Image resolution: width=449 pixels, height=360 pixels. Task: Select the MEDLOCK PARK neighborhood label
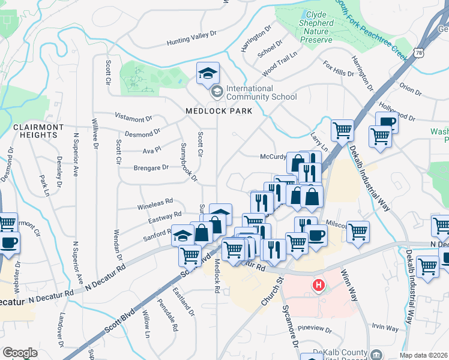point(218,111)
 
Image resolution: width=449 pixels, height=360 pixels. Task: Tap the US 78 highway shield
point(418,53)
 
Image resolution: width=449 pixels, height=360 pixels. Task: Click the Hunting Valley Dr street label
point(191,38)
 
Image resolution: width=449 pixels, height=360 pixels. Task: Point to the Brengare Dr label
point(135,168)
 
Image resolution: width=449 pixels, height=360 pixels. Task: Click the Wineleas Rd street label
point(155,201)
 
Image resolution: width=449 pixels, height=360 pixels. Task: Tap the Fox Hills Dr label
point(338,68)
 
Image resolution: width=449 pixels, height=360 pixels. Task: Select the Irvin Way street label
point(385,328)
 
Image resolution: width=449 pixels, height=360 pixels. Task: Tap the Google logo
point(20,353)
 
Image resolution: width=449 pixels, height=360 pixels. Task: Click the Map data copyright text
point(423,355)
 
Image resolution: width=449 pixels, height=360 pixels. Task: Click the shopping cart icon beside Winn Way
point(358,231)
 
